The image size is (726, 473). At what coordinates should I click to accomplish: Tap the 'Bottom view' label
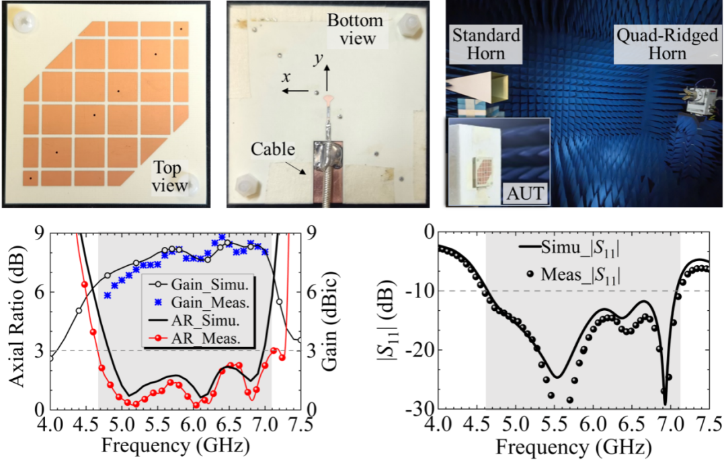coord(356,30)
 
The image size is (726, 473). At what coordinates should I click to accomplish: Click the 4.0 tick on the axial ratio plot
coord(51,426)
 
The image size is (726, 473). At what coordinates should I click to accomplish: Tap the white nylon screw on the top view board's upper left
coord(25,23)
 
